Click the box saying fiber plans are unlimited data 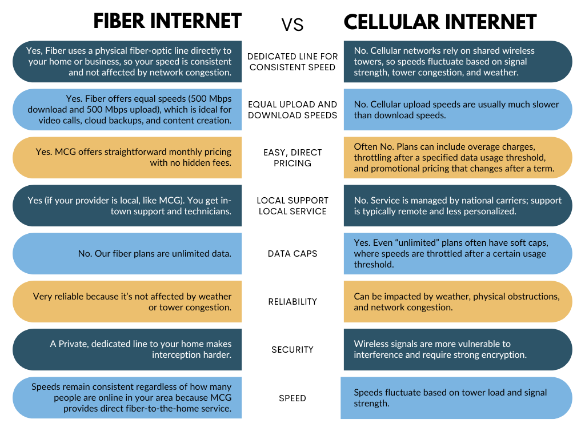(x=127, y=253)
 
